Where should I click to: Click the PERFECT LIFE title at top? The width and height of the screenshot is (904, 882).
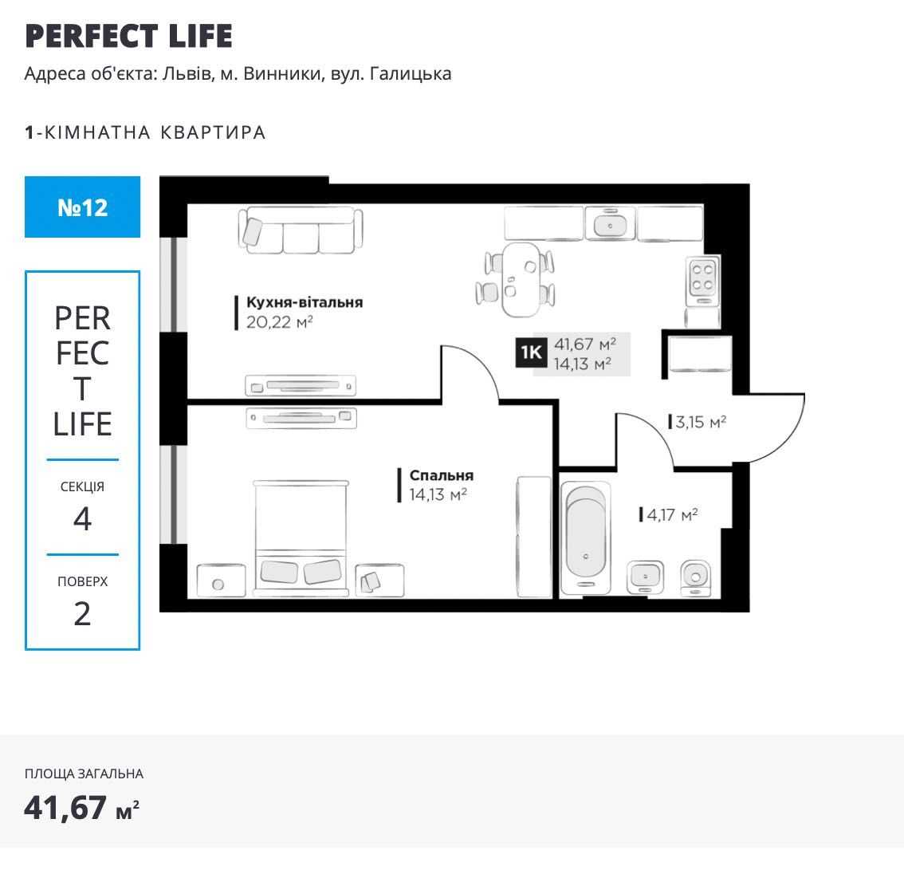[128, 36]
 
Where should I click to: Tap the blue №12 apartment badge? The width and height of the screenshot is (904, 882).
[82, 207]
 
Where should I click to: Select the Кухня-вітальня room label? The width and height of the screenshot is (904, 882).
[305, 302]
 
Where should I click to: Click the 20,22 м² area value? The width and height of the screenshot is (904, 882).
[280, 322]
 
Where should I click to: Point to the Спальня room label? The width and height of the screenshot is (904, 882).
[442, 475]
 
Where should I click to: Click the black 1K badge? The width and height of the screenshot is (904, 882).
[531, 352]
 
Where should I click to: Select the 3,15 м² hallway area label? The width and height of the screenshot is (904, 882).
[701, 422]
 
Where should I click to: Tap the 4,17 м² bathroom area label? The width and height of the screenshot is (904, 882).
[672, 514]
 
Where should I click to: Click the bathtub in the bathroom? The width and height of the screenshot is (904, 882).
[585, 537]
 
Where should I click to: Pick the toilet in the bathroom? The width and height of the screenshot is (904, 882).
[695, 578]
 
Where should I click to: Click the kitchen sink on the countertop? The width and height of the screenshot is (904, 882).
[610, 223]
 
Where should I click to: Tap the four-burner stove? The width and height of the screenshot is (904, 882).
[702, 279]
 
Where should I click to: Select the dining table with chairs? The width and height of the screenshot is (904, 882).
[516, 279]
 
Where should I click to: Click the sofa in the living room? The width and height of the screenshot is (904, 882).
[301, 230]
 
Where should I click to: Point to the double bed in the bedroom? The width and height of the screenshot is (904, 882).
[301, 537]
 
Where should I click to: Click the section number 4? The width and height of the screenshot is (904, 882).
[82, 518]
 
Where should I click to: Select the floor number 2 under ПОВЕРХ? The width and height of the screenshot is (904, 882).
[82, 614]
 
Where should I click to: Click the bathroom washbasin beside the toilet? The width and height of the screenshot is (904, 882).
[645, 577]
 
